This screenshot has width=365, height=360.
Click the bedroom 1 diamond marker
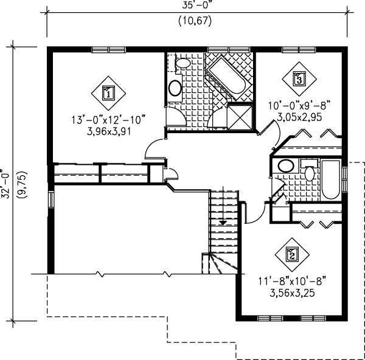pos(108,93)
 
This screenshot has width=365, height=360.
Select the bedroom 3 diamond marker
pos(298,78)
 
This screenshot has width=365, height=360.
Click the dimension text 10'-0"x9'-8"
pos(299,105)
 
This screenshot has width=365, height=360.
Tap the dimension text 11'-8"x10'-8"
pos(292,281)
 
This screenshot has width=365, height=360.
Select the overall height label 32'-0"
pos(7,183)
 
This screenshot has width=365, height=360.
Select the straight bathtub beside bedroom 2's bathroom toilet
pos(332,181)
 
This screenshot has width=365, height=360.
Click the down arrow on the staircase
pos(223,223)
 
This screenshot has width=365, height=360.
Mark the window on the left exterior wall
pos(51,199)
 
